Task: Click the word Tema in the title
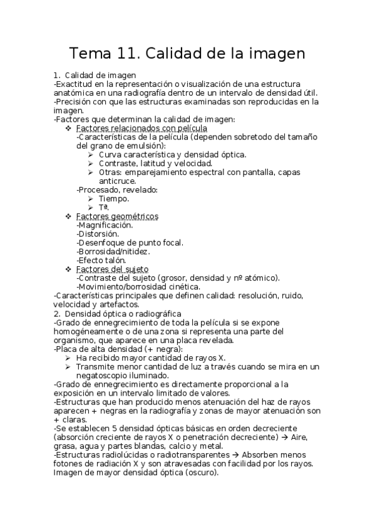(x=89, y=54)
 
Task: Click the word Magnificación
(x=105, y=225)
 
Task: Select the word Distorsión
(x=97, y=234)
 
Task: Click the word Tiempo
(x=114, y=199)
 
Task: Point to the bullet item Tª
(x=104, y=207)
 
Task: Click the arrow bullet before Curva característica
(x=91, y=154)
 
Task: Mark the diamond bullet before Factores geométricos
(x=69, y=216)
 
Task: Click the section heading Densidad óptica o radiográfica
(x=123, y=312)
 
